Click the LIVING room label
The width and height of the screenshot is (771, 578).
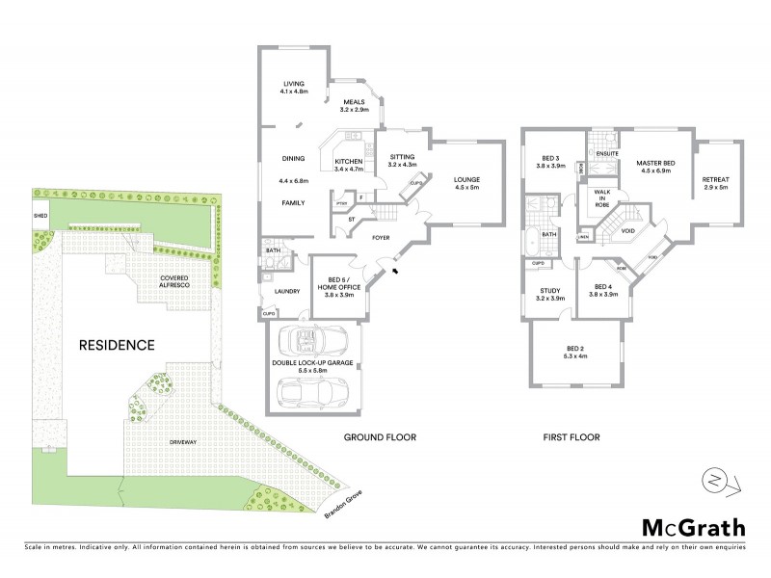[287, 87]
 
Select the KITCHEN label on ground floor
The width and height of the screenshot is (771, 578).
[348, 165]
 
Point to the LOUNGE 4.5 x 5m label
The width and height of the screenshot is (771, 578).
[466, 183]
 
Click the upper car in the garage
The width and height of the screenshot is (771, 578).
[310, 341]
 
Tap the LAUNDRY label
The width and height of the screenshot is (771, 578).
[287, 291]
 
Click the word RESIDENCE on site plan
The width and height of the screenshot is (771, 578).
[117, 344]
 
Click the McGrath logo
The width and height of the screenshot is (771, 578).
[693, 527]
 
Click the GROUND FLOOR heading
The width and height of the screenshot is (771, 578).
[380, 437]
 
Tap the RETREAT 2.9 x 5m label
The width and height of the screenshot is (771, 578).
[715, 183]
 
